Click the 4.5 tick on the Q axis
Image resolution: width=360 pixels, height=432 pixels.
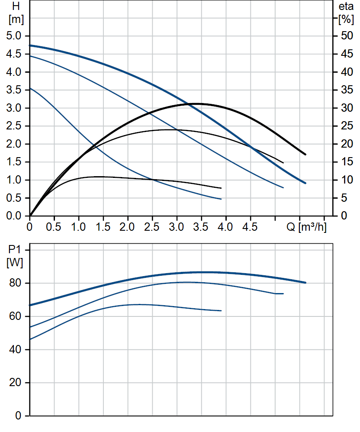(250, 227)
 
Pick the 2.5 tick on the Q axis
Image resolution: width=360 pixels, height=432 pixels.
(152, 227)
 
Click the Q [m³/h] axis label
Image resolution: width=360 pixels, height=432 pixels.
(307, 227)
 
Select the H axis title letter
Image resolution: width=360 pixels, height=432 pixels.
(16, 6)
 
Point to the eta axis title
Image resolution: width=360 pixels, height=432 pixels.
(346, 6)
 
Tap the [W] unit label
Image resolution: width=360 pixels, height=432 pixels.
(16, 262)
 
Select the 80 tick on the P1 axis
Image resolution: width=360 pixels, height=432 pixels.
(16, 283)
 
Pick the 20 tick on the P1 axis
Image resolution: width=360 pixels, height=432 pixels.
(16, 383)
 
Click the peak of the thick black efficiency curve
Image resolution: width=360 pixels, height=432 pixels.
(197, 104)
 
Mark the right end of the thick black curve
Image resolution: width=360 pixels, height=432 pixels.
(305, 154)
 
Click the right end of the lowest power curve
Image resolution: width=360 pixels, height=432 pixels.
(221, 310)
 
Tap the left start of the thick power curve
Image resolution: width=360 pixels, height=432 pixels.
(30, 305)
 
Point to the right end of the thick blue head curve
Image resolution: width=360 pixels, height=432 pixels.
(305, 183)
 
